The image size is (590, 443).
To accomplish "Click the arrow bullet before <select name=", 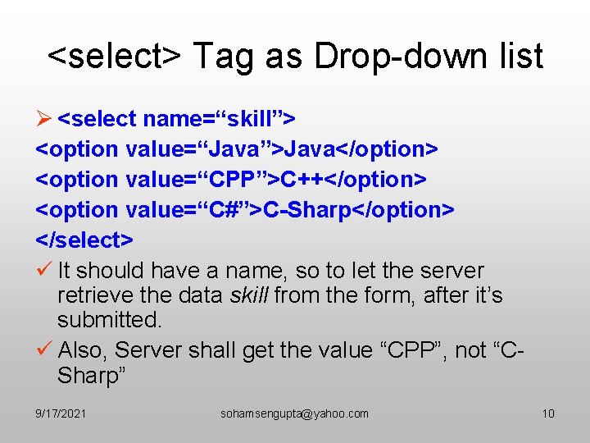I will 45,119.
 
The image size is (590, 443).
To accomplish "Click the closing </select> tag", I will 84,240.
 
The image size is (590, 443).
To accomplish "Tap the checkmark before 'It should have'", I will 44,270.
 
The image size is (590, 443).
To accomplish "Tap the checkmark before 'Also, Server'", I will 44,349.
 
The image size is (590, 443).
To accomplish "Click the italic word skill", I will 251,295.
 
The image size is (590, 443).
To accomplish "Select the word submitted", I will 110,320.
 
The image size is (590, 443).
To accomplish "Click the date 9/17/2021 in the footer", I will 61,413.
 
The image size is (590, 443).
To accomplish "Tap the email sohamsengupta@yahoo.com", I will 294,413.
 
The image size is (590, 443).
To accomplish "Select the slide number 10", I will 548,413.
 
